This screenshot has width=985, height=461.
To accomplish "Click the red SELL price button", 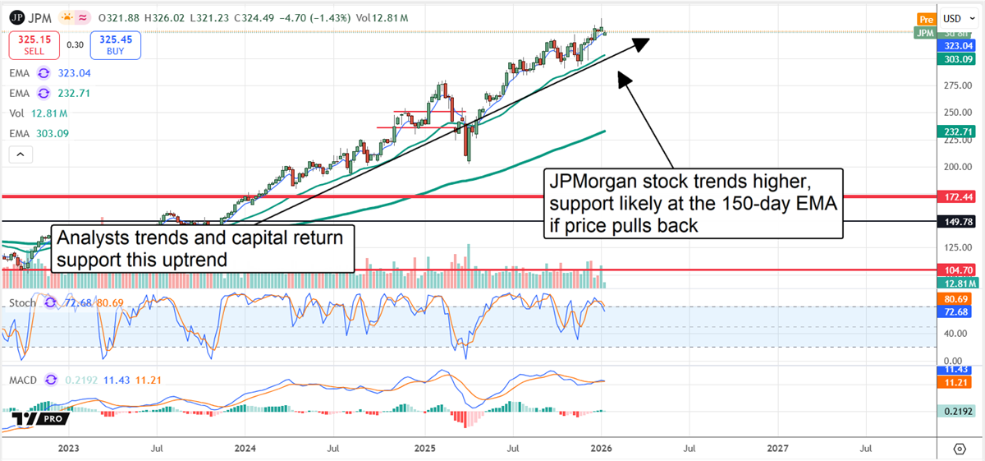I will click(33, 45).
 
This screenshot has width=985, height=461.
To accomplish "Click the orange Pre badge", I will click(925, 19).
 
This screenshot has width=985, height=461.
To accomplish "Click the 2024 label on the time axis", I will click(245, 449).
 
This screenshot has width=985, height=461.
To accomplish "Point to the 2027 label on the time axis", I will click(777, 449).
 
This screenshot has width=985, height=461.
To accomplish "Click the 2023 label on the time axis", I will click(68, 449).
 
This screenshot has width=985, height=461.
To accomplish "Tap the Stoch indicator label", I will click(23, 302).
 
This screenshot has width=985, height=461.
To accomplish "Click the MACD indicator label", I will click(23, 380).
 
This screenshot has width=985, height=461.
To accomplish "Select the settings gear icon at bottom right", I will click(959, 449).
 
